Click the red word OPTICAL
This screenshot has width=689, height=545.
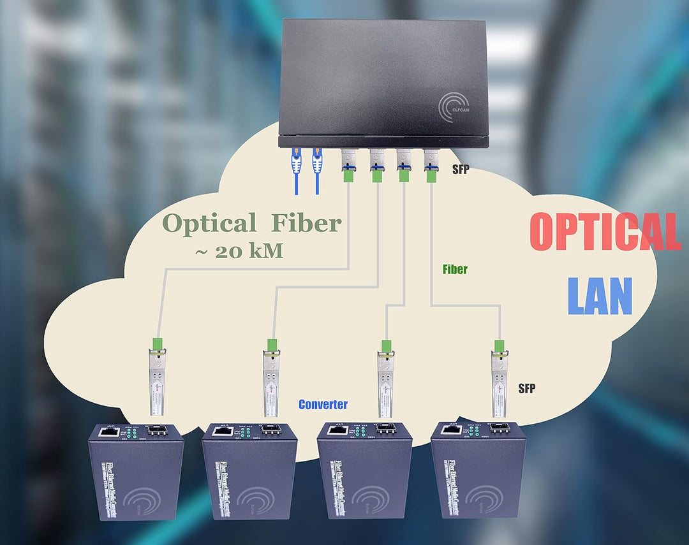(x=604, y=232)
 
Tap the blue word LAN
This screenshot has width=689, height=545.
(x=599, y=296)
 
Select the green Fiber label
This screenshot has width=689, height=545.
(x=455, y=269)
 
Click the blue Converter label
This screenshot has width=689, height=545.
(x=323, y=404)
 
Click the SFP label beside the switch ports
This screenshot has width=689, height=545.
(x=461, y=171)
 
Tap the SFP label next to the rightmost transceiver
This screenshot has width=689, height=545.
(x=526, y=388)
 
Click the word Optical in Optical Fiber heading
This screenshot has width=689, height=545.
(x=209, y=224)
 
